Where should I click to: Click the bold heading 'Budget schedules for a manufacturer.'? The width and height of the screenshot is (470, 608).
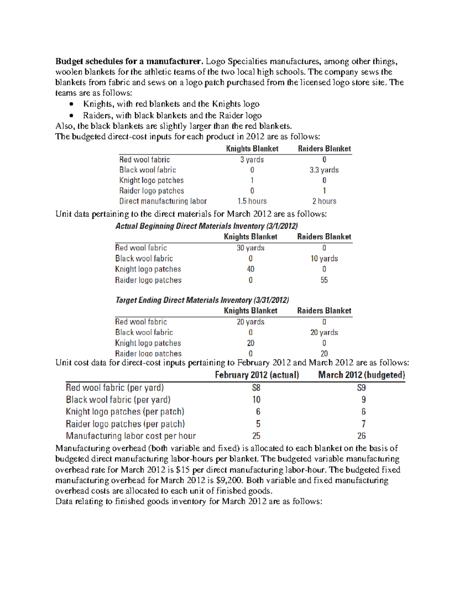pyautogui.click(x=129, y=61)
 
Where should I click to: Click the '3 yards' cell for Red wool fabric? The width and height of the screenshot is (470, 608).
pyautogui.click(x=252, y=160)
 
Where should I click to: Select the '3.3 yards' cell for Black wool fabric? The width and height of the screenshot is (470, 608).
pyautogui.click(x=324, y=170)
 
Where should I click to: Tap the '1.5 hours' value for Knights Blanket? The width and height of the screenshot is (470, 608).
pyautogui.click(x=252, y=201)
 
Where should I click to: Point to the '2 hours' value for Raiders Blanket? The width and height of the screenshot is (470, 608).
pyautogui.click(x=324, y=201)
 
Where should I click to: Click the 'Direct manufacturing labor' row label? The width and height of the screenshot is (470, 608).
pyautogui.click(x=163, y=201)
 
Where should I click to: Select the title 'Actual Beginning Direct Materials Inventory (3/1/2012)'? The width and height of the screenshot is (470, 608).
pyautogui.click(x=206, y=226)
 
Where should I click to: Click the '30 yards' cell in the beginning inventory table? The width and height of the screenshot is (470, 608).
pyautogui.click(x=250, y=248)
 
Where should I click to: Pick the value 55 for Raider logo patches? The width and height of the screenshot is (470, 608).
pyautogui.click(x=324, y=280)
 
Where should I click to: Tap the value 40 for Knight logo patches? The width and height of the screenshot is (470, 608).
pyautogui.click(x=250, y=269)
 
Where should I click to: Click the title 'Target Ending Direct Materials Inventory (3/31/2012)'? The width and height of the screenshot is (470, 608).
pyautogui.click(x=202, y=300)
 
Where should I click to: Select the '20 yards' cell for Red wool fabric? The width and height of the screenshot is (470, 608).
pyautogui.click(x=250, y=322)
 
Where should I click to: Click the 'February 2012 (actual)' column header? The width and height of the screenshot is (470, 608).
pyautogui.click(x=257, y=375)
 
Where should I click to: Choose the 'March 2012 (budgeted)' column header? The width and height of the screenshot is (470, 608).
pyautogui.click(x=362, y=375)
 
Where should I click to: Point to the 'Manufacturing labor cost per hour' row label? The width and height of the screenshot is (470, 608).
pyautogui.click(x=131, y=436)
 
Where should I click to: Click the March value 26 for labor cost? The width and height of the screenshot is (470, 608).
pyautogui.click(x=362, y=436)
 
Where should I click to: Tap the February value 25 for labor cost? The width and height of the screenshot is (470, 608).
pyautogui.click(x=256, y=436)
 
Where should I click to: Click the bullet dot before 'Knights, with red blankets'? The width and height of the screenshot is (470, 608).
pyautogui.click(x=71, y=104)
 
